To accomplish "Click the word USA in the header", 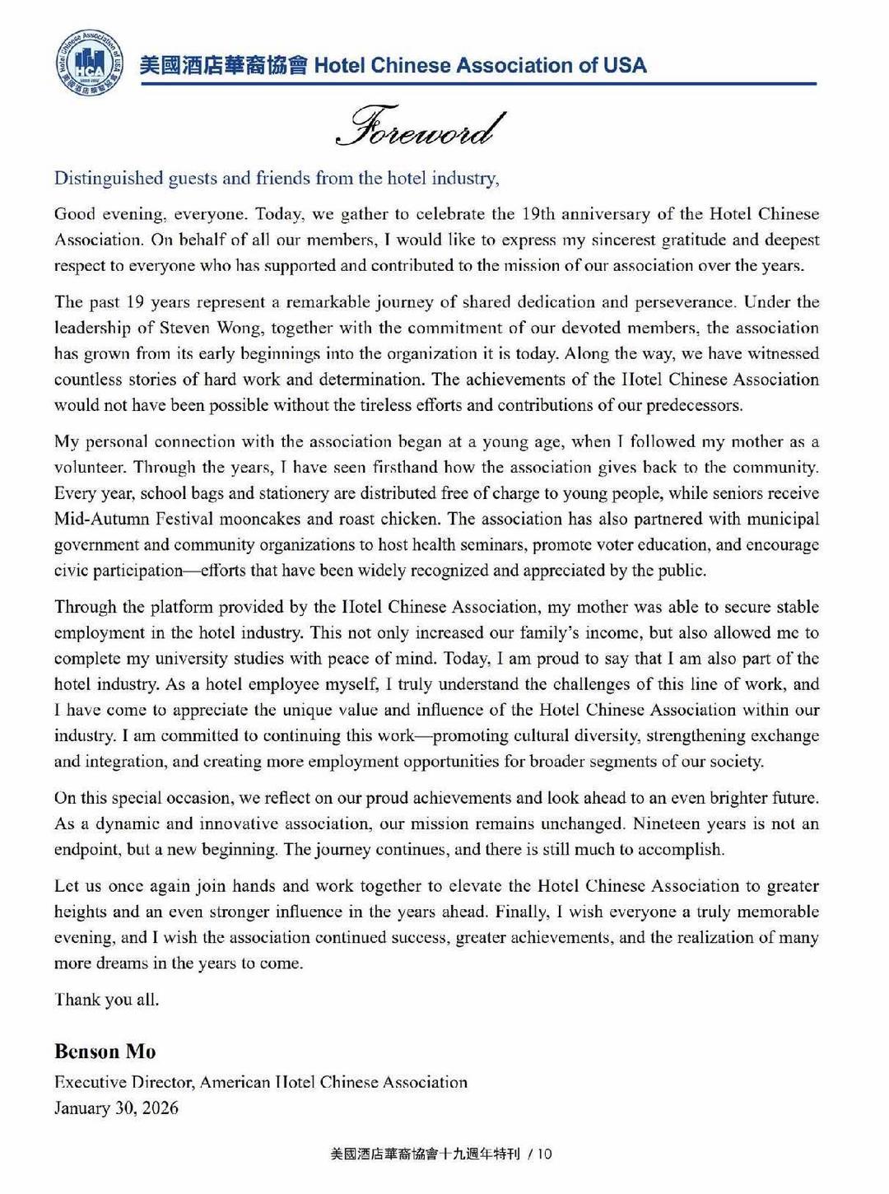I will pyautogui.click(x=625, y=65).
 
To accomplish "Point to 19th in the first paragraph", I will pyautogui.click(x=538, y=214).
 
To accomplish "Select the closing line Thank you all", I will pyautogui.click(x=106, y=1000).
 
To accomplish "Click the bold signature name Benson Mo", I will pyautogui.click(x=105, y=1052).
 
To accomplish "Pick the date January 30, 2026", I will pyautogui.click(x=116, y=1108).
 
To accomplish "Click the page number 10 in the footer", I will pyautogui.click(x=545, y=1154).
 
